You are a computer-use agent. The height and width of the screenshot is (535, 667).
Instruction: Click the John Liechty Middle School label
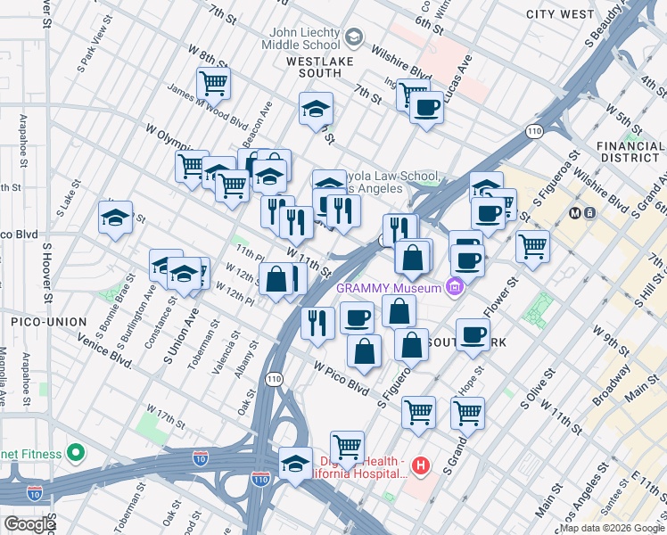[300, 38]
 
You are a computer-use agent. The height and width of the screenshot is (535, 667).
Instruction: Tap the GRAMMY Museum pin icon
[456, 287]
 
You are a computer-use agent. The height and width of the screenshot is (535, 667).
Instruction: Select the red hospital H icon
[422, 465]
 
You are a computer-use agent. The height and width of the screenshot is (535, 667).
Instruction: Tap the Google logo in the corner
[29, 523]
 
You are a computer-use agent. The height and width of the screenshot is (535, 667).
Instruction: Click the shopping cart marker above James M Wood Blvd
[213, 84]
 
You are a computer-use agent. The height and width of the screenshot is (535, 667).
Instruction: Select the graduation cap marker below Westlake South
[315, 109]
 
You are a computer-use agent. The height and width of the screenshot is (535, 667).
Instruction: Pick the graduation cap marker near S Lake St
[115, 218]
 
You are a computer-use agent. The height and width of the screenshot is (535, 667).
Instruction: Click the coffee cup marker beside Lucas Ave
[426, 107]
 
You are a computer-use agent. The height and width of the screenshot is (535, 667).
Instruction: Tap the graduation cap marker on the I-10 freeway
[295, 464]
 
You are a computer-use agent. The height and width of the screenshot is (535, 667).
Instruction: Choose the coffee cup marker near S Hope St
[473, 334]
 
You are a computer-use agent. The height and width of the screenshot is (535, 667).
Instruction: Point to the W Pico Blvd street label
[340, 377]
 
